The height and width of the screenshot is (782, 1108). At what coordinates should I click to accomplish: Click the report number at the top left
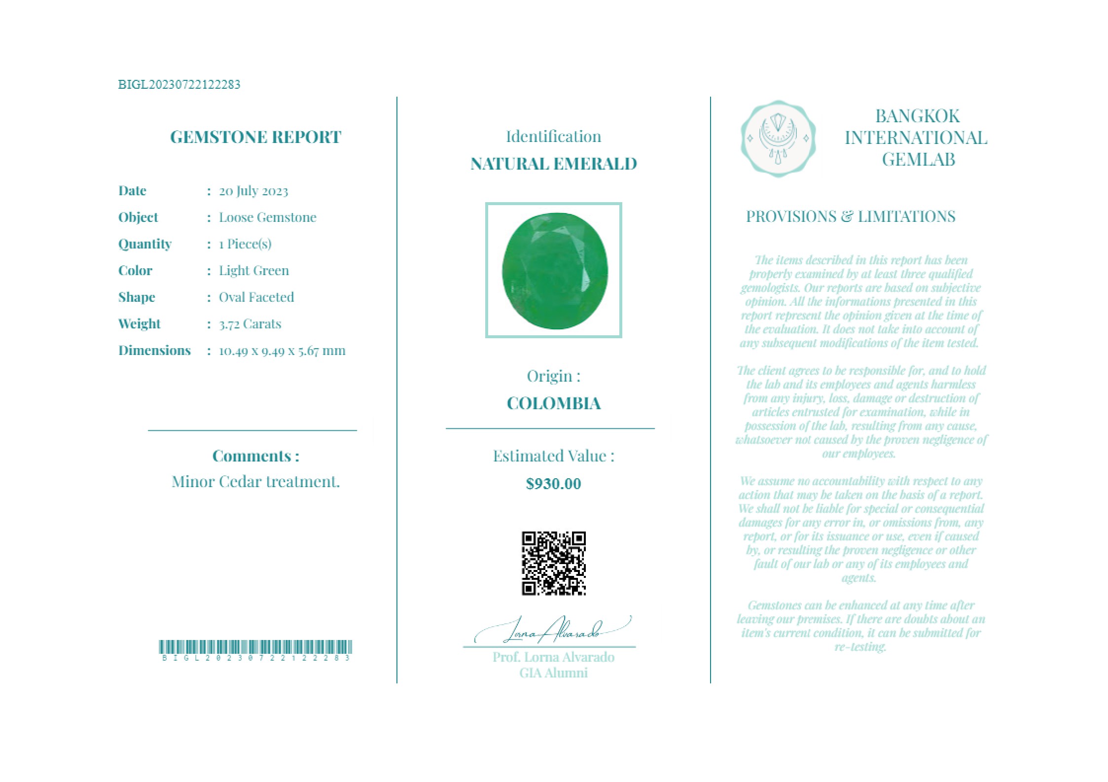[x=179, y=84]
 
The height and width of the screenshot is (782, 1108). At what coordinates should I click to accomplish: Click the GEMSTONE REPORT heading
[x=255, y=137]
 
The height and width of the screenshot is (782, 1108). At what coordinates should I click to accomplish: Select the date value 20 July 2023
[x=253, y=191]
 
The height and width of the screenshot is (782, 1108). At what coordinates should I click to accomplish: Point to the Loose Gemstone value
[x=267, y=217]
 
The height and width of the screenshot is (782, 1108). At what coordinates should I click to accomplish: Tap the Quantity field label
[x=144, y=244]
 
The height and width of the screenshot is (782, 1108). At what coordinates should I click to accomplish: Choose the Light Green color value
[x=253, y=271]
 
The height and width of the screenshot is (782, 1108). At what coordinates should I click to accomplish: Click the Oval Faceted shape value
[x=256, y=297]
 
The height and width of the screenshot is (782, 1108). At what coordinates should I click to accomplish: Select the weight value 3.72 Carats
[x=250, y=324]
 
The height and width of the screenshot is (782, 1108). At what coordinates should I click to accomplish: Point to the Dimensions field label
[x=154, y=351]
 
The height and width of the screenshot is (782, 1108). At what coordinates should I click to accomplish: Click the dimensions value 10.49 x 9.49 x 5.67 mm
[x=282, y=351]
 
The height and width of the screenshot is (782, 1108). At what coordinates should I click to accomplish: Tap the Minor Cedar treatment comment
[x=255, y=482]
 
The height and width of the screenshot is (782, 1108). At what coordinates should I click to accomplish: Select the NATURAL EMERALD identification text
[x=553, y=164]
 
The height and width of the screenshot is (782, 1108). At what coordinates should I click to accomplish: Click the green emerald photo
[x=554, y=270]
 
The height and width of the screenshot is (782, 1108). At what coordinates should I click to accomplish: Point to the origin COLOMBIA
[x=553, y=403]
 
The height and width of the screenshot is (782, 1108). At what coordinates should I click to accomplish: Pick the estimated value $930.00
[x=553, y=484]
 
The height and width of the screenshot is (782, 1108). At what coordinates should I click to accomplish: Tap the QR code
[x=554, y=563]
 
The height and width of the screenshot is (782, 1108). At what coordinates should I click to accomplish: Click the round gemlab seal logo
[x=778, y=139]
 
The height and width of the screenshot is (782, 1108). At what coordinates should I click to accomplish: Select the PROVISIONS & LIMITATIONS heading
[x=851, y=216]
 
